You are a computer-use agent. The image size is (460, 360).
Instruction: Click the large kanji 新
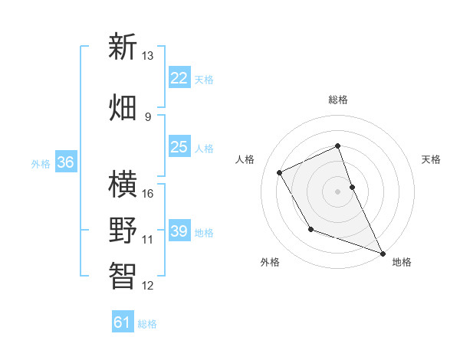click(123, 47)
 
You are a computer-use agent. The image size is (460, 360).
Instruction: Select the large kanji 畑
click(123, 106)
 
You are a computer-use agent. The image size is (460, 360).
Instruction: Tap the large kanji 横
click(123, 184)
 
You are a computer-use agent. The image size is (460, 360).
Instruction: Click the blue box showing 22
click(179, 77)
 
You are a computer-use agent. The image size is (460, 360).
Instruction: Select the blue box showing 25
click(179, 146)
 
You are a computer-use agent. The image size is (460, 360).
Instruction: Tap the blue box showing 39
click(179, 231)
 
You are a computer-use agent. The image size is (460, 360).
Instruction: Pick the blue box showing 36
click(65, 162)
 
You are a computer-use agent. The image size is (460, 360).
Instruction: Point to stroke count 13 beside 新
click(147, 56)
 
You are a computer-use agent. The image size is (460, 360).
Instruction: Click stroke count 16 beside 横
click(148, 193)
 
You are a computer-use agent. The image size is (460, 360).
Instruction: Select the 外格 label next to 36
click(41, 163)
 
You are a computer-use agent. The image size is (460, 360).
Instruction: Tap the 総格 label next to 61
click(147, 324)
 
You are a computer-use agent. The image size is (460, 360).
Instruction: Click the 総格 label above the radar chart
click(338, 100)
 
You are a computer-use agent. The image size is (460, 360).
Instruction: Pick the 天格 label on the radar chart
click(432, 159)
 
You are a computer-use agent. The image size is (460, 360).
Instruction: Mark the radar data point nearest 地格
click(383, 254)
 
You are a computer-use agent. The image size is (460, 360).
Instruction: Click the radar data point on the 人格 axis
click(280, 172)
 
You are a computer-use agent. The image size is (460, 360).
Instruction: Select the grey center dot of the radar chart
click(338, 191)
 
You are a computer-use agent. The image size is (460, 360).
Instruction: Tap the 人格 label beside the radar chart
click(245, 159)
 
